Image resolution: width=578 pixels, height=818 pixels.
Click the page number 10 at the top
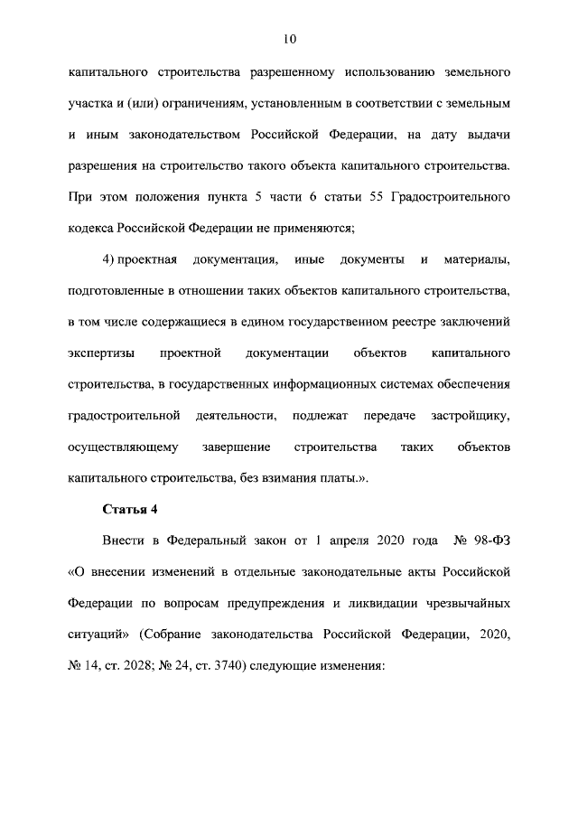[289, 39]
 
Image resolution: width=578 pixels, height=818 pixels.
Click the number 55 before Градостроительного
[371, 196]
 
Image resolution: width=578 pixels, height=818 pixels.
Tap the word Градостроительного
[449, 196]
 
